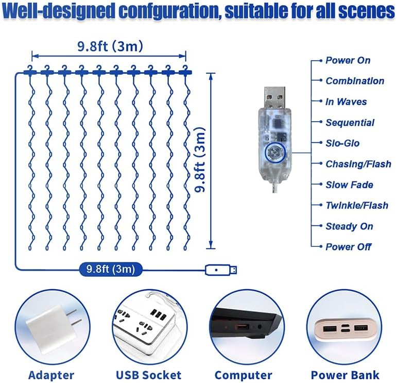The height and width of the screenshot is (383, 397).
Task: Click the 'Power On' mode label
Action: pos(348,60)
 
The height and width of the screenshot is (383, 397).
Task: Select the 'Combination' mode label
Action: pos(354,81)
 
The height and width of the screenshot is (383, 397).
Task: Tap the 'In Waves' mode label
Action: pos(346,102)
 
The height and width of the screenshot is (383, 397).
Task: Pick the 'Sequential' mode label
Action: pos(350,123)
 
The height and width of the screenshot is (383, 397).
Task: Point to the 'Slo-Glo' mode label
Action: pos(342,143)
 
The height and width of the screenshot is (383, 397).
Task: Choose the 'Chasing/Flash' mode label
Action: pos(358,164)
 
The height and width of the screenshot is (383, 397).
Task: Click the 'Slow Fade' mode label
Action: pos(349,185)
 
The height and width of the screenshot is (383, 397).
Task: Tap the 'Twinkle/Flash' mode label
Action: pos(357,205)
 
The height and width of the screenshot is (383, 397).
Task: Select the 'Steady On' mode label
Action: pos(349,226)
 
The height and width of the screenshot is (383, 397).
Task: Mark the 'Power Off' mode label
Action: pos(348,247)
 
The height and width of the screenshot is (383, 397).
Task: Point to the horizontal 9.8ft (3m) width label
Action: pos(110,46)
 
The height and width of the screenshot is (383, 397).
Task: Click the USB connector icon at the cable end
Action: pos(221,269)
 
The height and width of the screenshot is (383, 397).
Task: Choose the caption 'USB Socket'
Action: pos(148,375)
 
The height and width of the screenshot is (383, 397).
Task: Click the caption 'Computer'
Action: pos(243,375)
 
